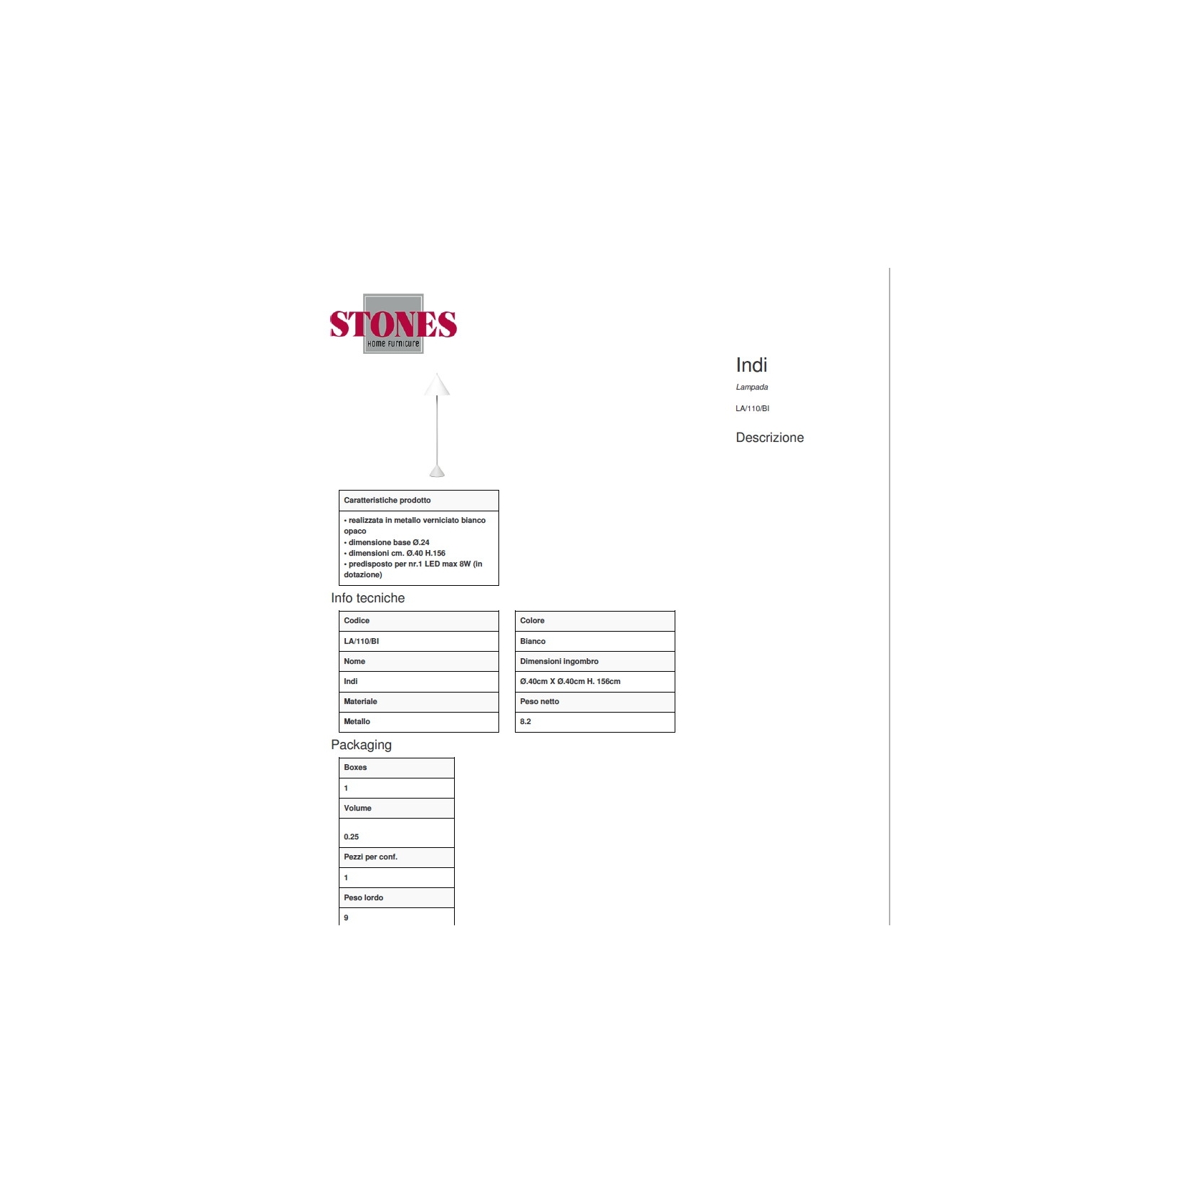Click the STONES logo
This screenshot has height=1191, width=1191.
click(393, 324)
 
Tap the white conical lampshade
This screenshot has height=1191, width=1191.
click(437, 385)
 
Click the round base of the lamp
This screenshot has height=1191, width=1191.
click(437, 471)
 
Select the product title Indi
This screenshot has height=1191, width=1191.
click(751, 365)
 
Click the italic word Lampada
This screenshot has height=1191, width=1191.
click(751, 387)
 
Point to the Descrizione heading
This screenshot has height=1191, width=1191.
click(770, 438)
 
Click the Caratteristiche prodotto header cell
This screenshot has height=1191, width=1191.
click(419, 501)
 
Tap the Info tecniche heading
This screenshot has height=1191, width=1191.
click(367, 598)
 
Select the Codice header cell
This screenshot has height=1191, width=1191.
click(419, 621)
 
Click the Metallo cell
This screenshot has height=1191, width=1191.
click(419, 722)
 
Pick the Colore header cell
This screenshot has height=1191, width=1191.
click(595, 621)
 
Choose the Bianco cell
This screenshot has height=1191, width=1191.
click(595, 641)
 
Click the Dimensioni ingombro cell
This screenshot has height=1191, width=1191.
click(595, 661)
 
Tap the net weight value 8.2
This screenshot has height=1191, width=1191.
click(526, 722)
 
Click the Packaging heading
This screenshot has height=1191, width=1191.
click(361, 745)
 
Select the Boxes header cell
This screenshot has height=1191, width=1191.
click(397, 768)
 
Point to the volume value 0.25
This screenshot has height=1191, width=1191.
click(351, 836)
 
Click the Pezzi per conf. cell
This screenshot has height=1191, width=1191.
click(397, 857)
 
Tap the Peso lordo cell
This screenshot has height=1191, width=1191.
click(397, 898)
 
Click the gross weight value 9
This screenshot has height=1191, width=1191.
click(346, 918)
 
